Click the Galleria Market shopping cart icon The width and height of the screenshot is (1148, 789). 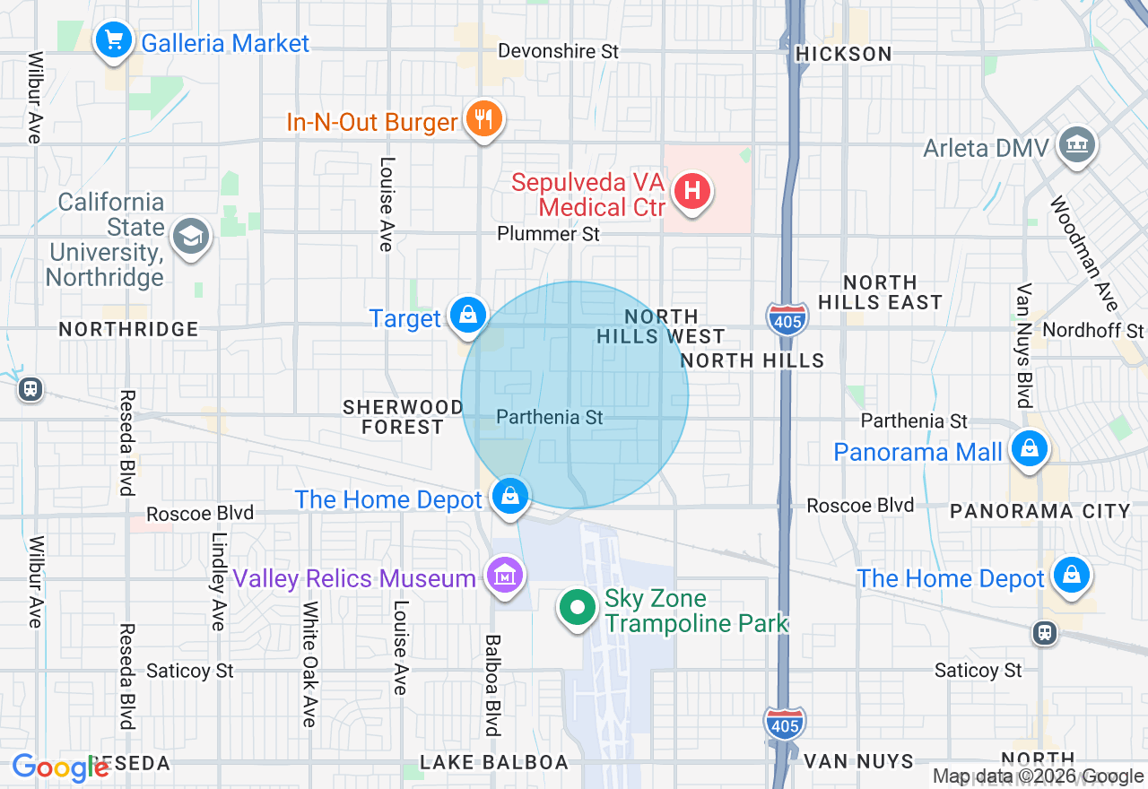[x=113, y=40]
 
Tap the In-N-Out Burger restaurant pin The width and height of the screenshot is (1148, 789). [x=484, y=118]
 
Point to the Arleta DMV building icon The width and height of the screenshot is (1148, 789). [x=1076, y=146]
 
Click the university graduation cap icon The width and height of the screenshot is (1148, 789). [x=191, y=238]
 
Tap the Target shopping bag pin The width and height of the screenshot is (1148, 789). [x=467, y=316]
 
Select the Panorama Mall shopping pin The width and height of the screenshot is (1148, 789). [x=1030, y=449]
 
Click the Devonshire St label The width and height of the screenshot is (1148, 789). [x=558, y=51]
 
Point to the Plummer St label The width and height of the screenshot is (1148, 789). [x=549, y=234]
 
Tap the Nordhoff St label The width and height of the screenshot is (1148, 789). [x=1093, y=331]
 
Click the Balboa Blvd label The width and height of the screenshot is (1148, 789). [x=491, y=685]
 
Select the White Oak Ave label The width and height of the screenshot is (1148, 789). [x=309, y=663]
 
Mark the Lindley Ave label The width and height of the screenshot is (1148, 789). [x=218, y=581]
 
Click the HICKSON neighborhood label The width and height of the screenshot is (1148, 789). [x=844, y=54]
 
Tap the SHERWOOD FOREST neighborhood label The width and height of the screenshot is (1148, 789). [x=403, y=417]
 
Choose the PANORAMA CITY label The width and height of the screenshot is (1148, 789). [x=1040, y=511]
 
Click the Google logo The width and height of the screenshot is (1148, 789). [x=59, y=768]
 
